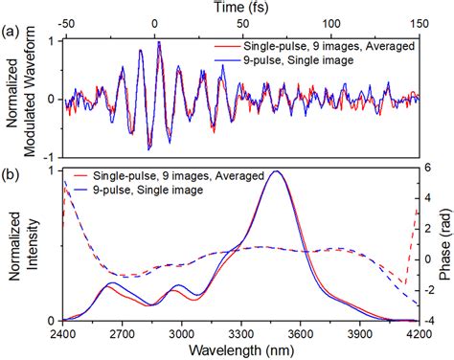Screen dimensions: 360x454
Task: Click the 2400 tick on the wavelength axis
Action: point(63,333)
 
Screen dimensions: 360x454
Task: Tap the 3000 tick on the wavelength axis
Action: point(181,333)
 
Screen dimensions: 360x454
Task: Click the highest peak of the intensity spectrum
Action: point(276,171)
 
